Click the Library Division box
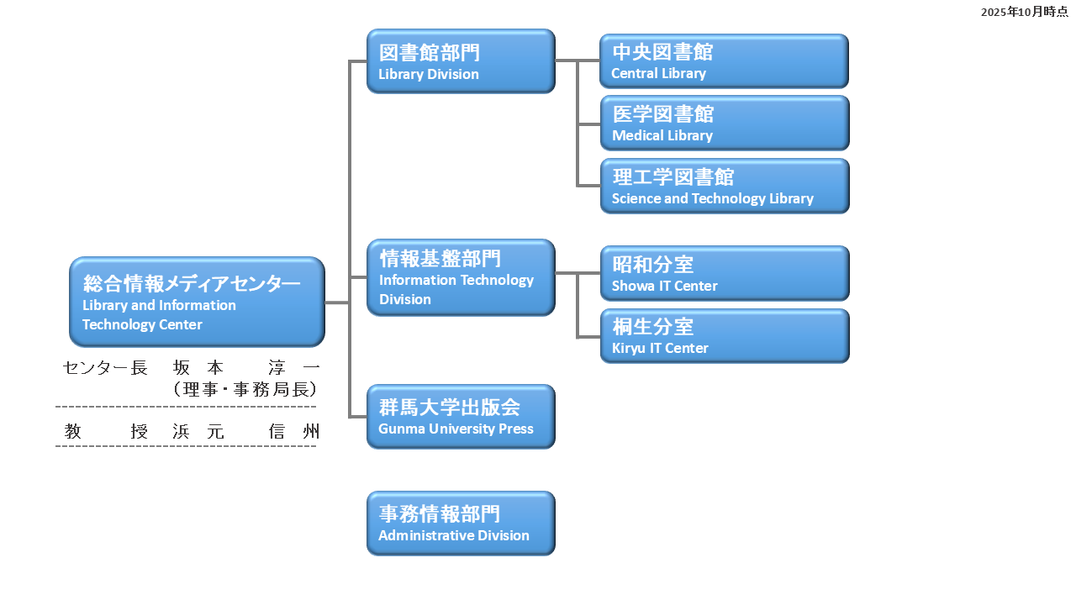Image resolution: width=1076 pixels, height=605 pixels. click(x=461, y=61)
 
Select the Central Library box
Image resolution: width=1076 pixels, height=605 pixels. click(x=724, y=61)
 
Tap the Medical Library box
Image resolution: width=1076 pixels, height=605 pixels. click(x=724, y=124)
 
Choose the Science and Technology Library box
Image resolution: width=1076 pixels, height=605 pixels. click(x=724, y=187)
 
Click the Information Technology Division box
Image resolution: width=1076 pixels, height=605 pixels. click(x=461, y=277)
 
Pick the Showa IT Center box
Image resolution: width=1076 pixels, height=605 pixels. click(x=724, y=273)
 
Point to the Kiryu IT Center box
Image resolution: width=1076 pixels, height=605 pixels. click(x=724, y=336)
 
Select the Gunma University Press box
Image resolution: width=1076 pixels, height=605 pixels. click(x=461, y=417)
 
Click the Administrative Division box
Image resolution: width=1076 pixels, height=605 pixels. click(x=461, y=523)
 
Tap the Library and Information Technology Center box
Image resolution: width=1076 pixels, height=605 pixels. click(x=197, y=302)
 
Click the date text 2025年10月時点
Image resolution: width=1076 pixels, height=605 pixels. click(x=1024, y=12)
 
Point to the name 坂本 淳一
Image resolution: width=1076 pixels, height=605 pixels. click(x=246, y=368)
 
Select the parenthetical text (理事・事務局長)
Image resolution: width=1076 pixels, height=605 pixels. click(x=244, y=389)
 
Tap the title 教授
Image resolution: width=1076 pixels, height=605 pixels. click(x=106, y=432)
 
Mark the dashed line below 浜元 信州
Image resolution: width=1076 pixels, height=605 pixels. click(x=186, y=446)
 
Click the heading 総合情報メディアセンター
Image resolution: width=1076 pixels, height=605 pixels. click(x=192, y=284)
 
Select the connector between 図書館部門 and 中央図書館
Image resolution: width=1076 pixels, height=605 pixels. click(x=577, y=60)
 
